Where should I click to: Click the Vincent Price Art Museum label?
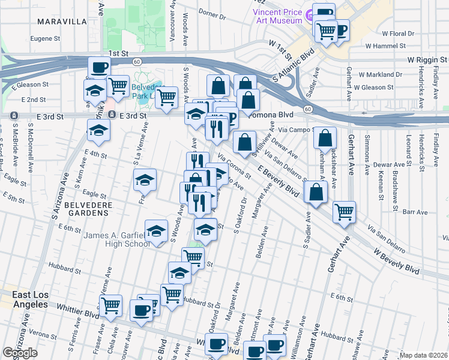277,16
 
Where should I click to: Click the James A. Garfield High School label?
116,239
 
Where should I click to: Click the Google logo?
20,353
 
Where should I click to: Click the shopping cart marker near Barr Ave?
344,211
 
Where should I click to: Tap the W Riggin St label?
427,61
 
